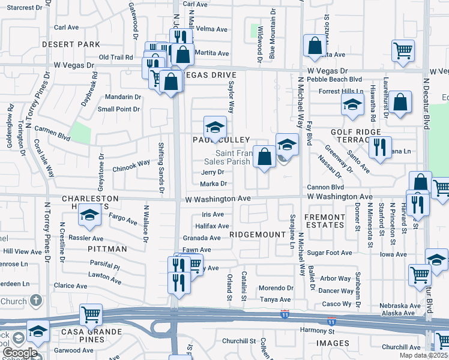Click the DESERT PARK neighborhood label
(71, 44)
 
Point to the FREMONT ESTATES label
(324, 221)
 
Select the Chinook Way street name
(131, 163)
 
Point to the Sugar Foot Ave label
(330, 253)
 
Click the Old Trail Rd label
(115, 58)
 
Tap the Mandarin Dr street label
(122, 96)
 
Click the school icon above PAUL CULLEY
(215, 127)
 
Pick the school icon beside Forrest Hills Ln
(352, 104)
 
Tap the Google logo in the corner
(17, 353)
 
